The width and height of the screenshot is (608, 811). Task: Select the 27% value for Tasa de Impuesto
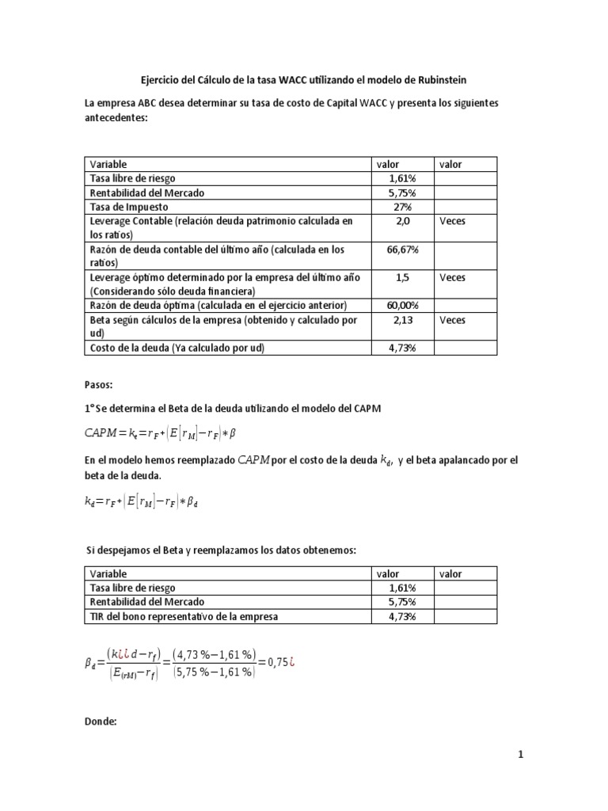(401, 206)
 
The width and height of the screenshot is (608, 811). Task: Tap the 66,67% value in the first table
(401, 249)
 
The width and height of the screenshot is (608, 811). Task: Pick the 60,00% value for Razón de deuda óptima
(401, 306)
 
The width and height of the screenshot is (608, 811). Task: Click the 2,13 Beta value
(401, 320)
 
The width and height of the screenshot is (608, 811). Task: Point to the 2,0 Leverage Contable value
(401, 221)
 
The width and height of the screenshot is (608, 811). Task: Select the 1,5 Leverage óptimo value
(401, 277)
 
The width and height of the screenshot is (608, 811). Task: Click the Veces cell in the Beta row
(452, 320)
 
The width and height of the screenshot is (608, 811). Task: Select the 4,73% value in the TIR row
(401, 616)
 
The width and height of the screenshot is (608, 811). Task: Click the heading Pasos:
(100, 385)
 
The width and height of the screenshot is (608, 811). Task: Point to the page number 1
(521, 756)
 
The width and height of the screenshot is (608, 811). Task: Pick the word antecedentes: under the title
(116, 117)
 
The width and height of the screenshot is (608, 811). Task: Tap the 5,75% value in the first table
(401, 192)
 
